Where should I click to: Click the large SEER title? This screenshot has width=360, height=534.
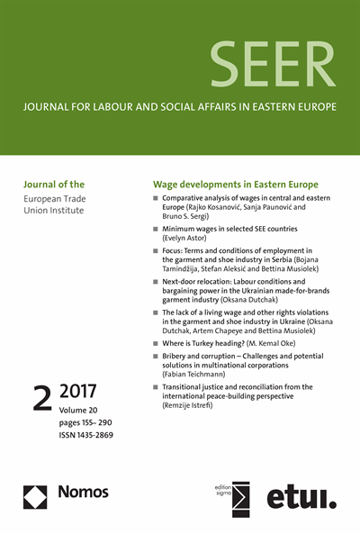[274, 64]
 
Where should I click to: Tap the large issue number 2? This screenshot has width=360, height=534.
[42, 399]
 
